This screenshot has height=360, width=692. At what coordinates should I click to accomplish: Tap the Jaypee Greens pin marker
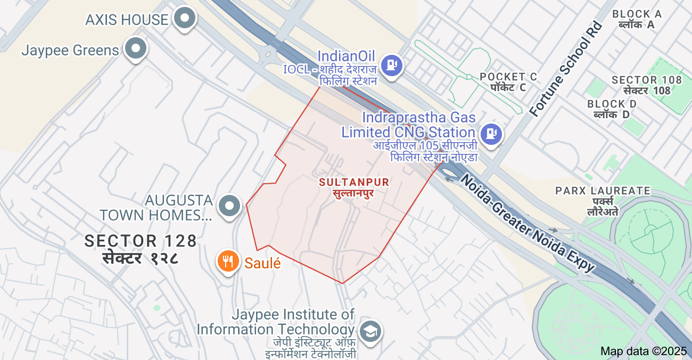pos(136,50)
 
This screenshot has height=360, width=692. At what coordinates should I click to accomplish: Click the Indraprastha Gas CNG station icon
pos(490,134)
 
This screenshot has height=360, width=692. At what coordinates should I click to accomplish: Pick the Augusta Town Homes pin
pos(230,205)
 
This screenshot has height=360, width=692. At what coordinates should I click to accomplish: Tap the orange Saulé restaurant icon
pos(228,262)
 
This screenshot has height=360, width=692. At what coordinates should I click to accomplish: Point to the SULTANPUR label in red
pos(354,182)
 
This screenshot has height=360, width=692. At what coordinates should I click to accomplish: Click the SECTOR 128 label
pos(141,241)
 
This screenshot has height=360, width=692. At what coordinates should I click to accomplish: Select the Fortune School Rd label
pos(565,69)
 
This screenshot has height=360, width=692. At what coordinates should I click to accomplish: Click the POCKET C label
pos(508,77)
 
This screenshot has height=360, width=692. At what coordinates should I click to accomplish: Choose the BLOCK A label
pos(637,14)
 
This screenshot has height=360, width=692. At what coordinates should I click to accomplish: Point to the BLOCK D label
pos(612,104)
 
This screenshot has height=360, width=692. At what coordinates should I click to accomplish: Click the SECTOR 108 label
pos(646,80)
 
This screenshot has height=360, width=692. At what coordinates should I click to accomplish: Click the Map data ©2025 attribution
pos(644,351)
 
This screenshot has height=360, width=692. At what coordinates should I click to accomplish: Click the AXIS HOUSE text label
pos(127,20)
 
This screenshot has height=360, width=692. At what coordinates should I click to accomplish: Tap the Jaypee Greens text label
pos(70,51)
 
